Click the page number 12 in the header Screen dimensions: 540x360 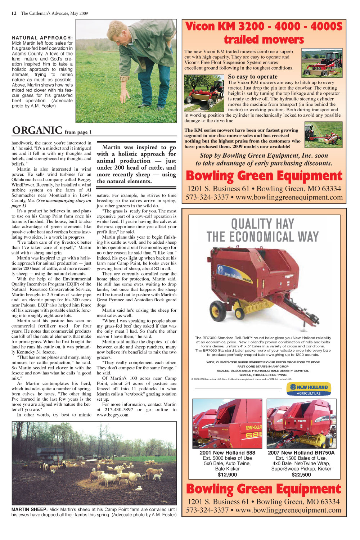[x=14, y=13]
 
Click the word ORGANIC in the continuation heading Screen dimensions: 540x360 [x=37, y=130]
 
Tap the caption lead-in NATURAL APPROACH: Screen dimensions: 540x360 [x=42, y=38]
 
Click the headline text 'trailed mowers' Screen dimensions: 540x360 [x=264, y=40]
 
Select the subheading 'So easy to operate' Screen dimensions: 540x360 [x=253, y=77]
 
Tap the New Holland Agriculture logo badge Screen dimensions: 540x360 [x=309, y=389]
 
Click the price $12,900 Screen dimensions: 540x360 [x=227, y=475]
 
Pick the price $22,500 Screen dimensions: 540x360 [x=301, y=475]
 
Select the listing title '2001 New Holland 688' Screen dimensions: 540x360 [x=227, y=453]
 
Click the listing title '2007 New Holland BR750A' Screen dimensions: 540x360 [x=301, y=453]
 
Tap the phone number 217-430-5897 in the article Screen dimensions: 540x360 [x=119, y=410]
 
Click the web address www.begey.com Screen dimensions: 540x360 [x=112, y=415]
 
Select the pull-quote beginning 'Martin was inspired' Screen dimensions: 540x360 [x=136, y=164]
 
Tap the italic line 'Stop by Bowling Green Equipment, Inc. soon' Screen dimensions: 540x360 [x=264, y=156]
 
